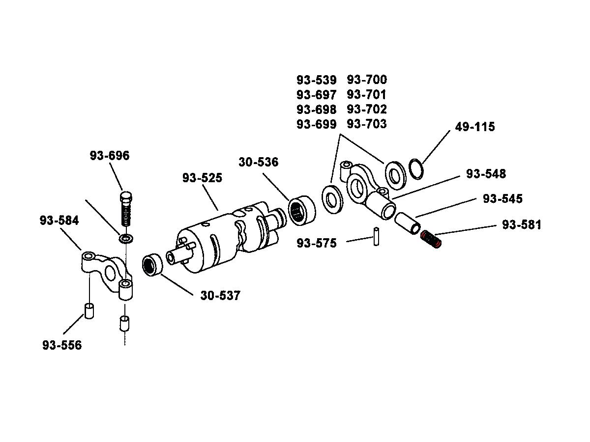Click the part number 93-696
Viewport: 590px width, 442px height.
110,156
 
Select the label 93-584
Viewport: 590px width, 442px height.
59,221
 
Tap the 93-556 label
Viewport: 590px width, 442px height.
62,345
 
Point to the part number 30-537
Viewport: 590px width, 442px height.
220,296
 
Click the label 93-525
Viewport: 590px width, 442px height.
202,178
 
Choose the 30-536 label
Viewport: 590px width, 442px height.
259,162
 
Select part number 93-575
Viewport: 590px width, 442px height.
317,243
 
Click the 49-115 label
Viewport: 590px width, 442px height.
475,127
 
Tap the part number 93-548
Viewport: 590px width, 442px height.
486,174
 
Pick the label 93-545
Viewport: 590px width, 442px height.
502,199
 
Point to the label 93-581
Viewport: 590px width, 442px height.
522,225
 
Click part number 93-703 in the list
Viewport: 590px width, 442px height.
367,124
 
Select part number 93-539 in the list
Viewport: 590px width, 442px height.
317,80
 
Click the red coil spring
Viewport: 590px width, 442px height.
432,240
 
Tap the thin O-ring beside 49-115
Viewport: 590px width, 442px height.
416,168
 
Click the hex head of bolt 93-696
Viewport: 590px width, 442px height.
126,197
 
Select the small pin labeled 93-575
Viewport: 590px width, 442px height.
376,236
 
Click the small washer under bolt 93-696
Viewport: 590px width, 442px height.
126,239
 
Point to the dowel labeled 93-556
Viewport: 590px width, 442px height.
89,311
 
